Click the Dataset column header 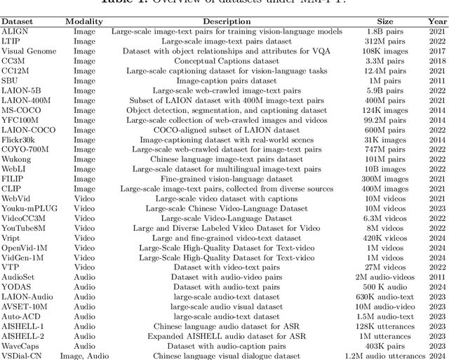(17, 22)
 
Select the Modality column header (83, 22)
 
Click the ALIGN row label (15, 32)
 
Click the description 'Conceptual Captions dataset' (227, 61)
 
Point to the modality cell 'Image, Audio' (84, 356)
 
